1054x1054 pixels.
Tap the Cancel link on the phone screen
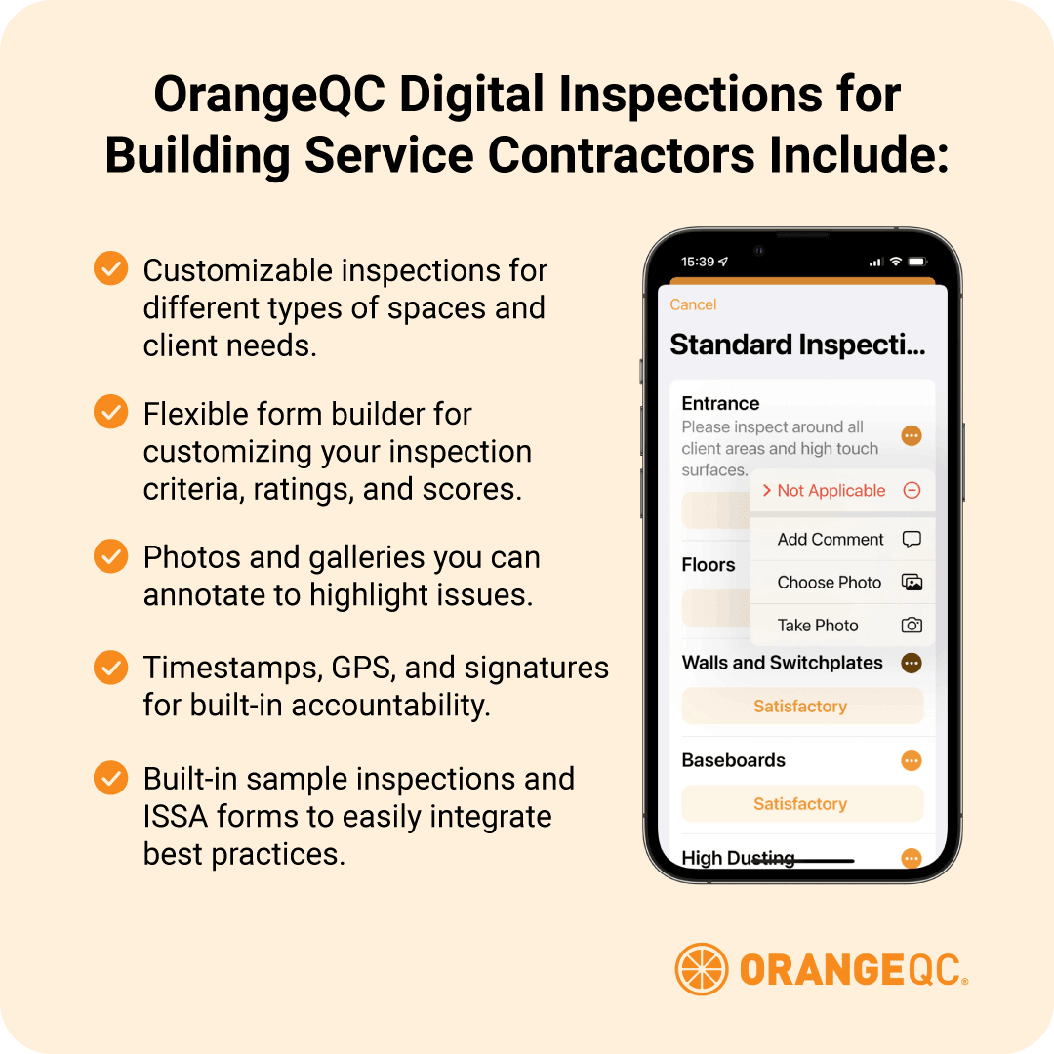[x=693, y=304]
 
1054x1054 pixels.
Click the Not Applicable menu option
[x=831, y=491]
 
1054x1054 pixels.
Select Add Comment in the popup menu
[x=831, y=540]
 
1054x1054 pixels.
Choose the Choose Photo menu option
[x=830, y=583]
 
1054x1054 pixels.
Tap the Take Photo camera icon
[x=912, y=626]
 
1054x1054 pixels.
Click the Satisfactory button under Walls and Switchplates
[x=800, y=707]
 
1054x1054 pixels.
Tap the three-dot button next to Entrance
[x=912, y=436]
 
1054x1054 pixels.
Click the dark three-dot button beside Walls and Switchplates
[x=912, y=664]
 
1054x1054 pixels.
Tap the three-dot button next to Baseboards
[x=912, y=761]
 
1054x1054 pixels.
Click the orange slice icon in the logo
[x=701, y=969]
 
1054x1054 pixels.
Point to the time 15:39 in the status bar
[x=698, y=263]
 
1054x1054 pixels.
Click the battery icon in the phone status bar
[x=917, y=263]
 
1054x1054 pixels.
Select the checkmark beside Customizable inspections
[x=110, y=268]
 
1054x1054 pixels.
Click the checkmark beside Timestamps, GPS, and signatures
[x=110, y=669]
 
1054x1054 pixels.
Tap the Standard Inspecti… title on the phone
[x=797, y=345]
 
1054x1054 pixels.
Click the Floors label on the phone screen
[x=709, y=565]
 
